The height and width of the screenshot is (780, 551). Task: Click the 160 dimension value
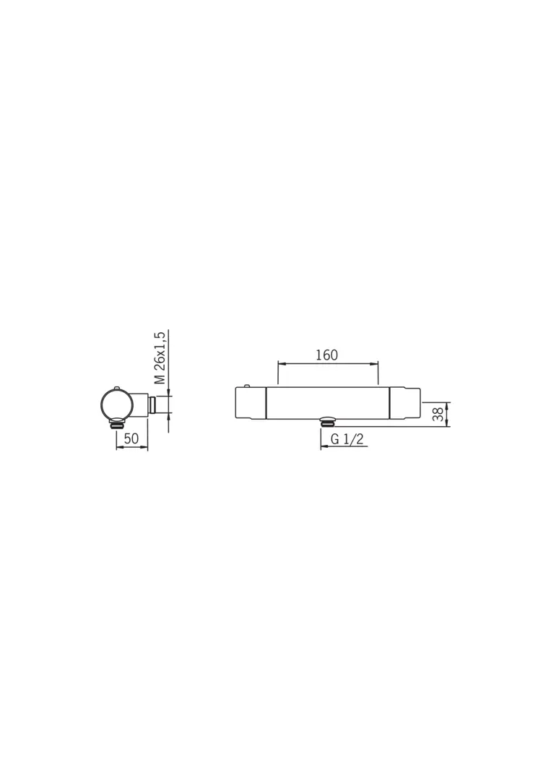(326, 355)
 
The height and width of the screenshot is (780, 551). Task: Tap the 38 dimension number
(438, 415)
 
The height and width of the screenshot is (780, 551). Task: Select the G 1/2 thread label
(347, 439)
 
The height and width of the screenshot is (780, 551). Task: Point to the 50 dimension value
(131, 439)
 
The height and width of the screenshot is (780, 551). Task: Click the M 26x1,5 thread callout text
(160, 357)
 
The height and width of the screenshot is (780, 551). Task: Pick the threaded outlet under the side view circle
(117, 425)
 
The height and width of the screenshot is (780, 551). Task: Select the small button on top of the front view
(247, 386)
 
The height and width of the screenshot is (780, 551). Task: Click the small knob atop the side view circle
(116, 386)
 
